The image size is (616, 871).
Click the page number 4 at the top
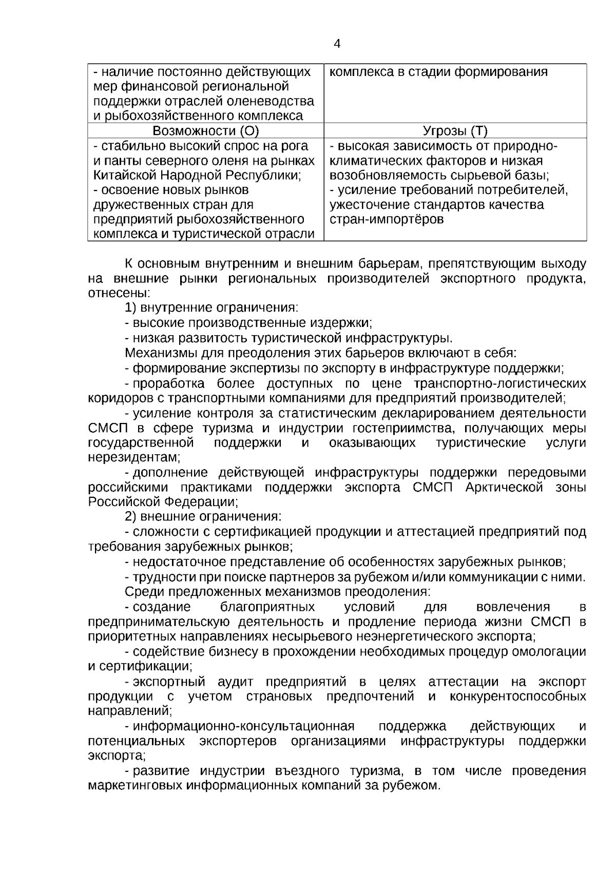[337, 44]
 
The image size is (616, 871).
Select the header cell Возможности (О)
[205, 131]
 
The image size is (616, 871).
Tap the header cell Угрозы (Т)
[455, 131]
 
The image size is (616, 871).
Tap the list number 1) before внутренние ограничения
[130, 308]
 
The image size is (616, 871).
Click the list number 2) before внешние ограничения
[130, 517]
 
